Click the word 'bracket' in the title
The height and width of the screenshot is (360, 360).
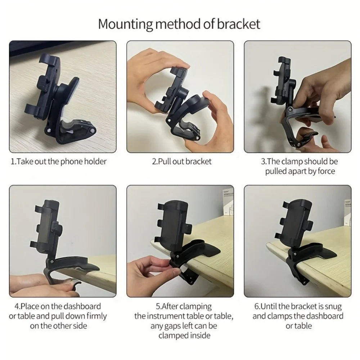(x=241, y=24)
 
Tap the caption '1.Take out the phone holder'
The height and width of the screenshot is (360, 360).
(x=59, y=161)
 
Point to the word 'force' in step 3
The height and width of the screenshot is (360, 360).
(x=326, y=171)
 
